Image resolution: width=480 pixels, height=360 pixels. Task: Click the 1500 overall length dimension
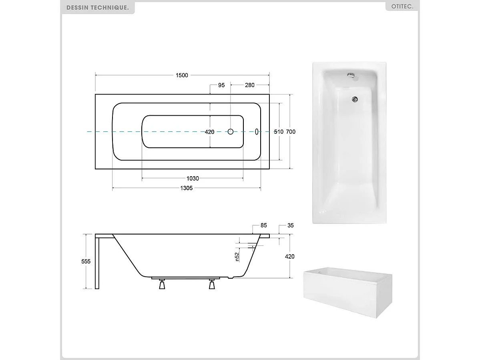tap(182, 75)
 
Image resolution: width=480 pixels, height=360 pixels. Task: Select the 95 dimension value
tap(221, 85)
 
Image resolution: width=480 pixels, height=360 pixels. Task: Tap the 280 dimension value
tap(250, 85)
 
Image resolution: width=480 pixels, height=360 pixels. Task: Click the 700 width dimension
tap(291, 132)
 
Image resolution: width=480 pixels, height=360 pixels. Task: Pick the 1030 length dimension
tap(192, 179)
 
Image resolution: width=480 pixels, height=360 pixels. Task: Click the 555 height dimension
tap(86, 261)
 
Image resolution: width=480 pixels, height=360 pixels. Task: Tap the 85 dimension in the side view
tap(263, 225)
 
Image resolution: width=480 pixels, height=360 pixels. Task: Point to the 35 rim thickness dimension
tap(291, 225)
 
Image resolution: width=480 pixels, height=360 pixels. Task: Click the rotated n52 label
tap(237, 256)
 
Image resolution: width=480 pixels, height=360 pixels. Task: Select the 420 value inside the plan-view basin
tap(210, 132)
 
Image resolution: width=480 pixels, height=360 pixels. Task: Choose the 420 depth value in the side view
tap(289, 256)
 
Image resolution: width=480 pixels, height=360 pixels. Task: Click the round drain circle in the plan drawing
tap(231, 131)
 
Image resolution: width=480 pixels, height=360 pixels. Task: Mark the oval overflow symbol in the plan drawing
tap(257, 131)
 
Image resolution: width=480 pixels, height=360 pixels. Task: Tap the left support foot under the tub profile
tap(162, 284)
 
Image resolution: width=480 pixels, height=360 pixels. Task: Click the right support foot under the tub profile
tap(212, 284)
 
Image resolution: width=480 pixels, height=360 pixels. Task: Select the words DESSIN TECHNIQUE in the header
tap(98, 8)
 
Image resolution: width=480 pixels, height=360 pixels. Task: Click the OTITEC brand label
tap(402, 7)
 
